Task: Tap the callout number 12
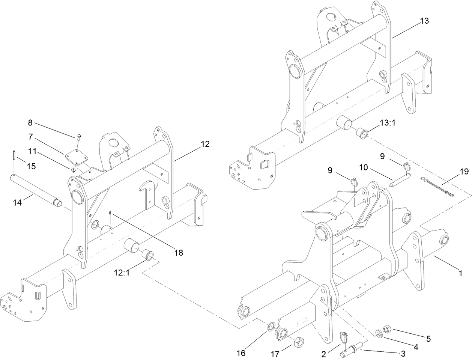click(x=205, y=144)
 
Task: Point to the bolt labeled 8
click(x=79, y=137)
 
